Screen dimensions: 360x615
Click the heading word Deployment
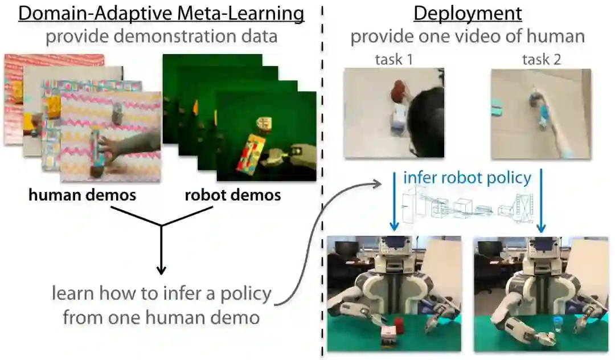tap(468, 13)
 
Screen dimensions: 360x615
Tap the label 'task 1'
tap(393, 59)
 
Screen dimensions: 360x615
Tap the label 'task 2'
tap(542, 59)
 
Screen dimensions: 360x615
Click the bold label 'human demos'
tap(83, 195)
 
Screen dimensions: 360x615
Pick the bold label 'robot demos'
tap(232, 195)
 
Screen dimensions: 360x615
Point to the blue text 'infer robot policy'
tap(467, 177)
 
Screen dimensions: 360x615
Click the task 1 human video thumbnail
tap(393, 113)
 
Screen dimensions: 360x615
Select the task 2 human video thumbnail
tap(541, 113)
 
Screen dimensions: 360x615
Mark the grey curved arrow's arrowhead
tap(378, 183)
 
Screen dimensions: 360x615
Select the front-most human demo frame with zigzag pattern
tap(110, 133)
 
